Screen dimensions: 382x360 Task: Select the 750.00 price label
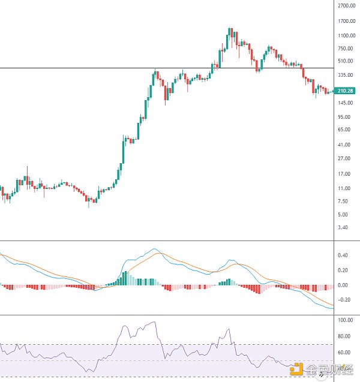tap(346, 49)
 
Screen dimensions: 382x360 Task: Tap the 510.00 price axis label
tap(346, 61)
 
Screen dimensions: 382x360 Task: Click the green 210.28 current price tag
tap(346, 91)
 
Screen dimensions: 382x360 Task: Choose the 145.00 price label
tap(346, 103)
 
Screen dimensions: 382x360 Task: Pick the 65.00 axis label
tap(344, 130)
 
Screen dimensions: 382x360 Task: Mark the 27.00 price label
tap(344, 158)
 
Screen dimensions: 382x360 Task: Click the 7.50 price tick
tap(343, 201)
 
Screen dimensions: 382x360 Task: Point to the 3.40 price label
tap(343, 227)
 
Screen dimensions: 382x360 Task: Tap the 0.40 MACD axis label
tap(343, 255)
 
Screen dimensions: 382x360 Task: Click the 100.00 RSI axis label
tap(345, 320)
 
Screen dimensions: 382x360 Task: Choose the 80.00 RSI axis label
tap(344, 336)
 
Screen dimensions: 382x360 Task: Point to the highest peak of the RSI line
tap(155, 323)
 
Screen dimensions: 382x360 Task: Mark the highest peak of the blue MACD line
tap(155, 248)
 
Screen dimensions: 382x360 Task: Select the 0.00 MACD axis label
tap(343, 285)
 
